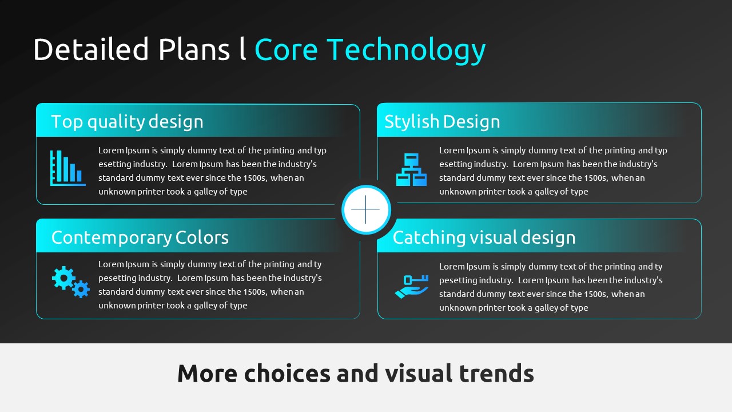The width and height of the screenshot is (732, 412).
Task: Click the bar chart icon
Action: coord(67,168)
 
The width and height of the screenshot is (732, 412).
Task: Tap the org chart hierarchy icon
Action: coord(411,169)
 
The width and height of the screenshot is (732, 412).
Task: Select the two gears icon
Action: coord(70,282)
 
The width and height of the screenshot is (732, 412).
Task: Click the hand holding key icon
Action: coord(412,287)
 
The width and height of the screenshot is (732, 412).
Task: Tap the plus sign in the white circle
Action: coord(365,209)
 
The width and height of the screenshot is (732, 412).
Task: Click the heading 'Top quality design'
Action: coord(127,122)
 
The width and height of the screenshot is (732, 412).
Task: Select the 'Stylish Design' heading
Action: coord(442,122)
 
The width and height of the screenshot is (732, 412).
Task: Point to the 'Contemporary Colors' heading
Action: coord(140,237)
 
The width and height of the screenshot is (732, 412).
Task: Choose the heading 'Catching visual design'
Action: coord(484,237)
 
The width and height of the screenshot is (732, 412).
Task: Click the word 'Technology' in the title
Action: coord(406,50)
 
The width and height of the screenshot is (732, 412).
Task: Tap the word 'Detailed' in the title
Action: coord(91,49)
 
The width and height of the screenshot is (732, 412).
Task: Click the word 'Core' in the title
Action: coord(287,50)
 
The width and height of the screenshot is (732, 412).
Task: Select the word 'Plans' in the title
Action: coord(194,49)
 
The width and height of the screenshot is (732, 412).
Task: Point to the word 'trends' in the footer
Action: coord(496,373)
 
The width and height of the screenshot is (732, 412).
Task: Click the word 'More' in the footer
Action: coord(207,373)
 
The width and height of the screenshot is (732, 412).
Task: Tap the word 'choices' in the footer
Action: coord(287,373)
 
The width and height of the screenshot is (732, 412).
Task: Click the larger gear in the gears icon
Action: coord(63,278)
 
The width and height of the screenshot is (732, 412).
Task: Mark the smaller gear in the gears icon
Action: coord(81,289)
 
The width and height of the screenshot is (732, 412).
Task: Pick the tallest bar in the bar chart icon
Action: coord(59,166)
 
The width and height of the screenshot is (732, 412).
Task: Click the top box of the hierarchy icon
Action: coord(411,159)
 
